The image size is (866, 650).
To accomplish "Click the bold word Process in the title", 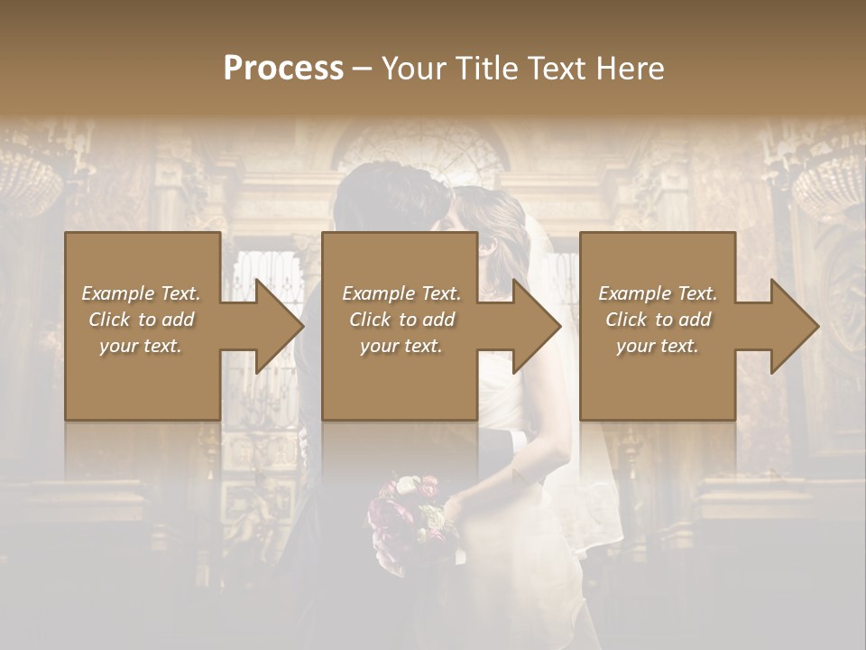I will pyautogui.click(x=283, y=69).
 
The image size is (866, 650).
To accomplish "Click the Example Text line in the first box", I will pyautogui.click(x=141, y=293).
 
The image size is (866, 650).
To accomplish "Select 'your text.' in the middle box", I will pyautogui.click(x=401, y=346).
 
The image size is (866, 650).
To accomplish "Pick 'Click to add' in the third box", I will pyautogui.click(x=658, y=320).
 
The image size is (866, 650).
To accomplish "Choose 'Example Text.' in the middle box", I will pyautogui.click(x=401, y=293).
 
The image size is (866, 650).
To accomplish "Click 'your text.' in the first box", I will pyautogui.click(x=141, y=346).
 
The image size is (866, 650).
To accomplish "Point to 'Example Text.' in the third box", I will pyautogui.click(x=658, y=293).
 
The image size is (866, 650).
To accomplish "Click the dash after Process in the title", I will pyautogui.click(x=362, y=69).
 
